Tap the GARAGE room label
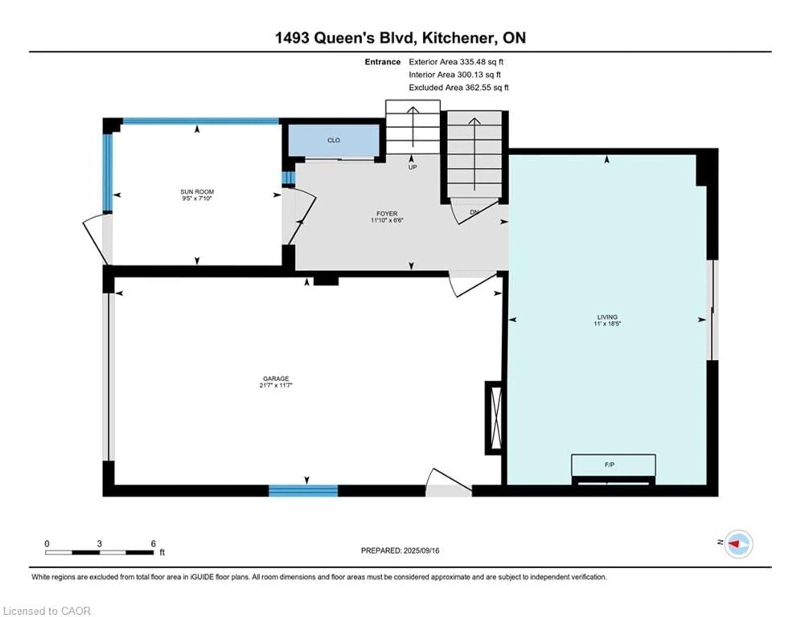(275, 378)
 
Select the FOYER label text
(387, 213)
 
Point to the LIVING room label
(607, 317)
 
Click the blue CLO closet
(333, 140)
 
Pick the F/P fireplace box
(613, 465)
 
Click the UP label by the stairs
(412, 167)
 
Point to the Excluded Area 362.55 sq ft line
(459, 87)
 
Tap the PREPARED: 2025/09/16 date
(400, 550)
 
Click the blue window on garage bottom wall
(303, 490)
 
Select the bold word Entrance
(382, 62)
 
